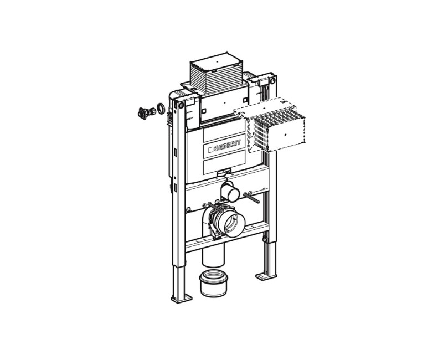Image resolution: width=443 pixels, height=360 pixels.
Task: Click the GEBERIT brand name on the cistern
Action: tap(228, 145)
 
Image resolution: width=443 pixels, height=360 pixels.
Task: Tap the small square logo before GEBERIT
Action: tap(210, 150)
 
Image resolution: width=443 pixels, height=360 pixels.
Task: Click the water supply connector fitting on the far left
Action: tap(146, 113)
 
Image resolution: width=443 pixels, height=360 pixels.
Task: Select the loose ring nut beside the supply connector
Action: tap(161, 109)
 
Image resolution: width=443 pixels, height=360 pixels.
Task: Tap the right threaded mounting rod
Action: tap(251, 197)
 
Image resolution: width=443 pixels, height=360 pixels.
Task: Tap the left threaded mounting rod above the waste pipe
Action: tap(215, 207)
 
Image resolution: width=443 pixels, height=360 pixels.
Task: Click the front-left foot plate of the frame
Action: tap(182, 299)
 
